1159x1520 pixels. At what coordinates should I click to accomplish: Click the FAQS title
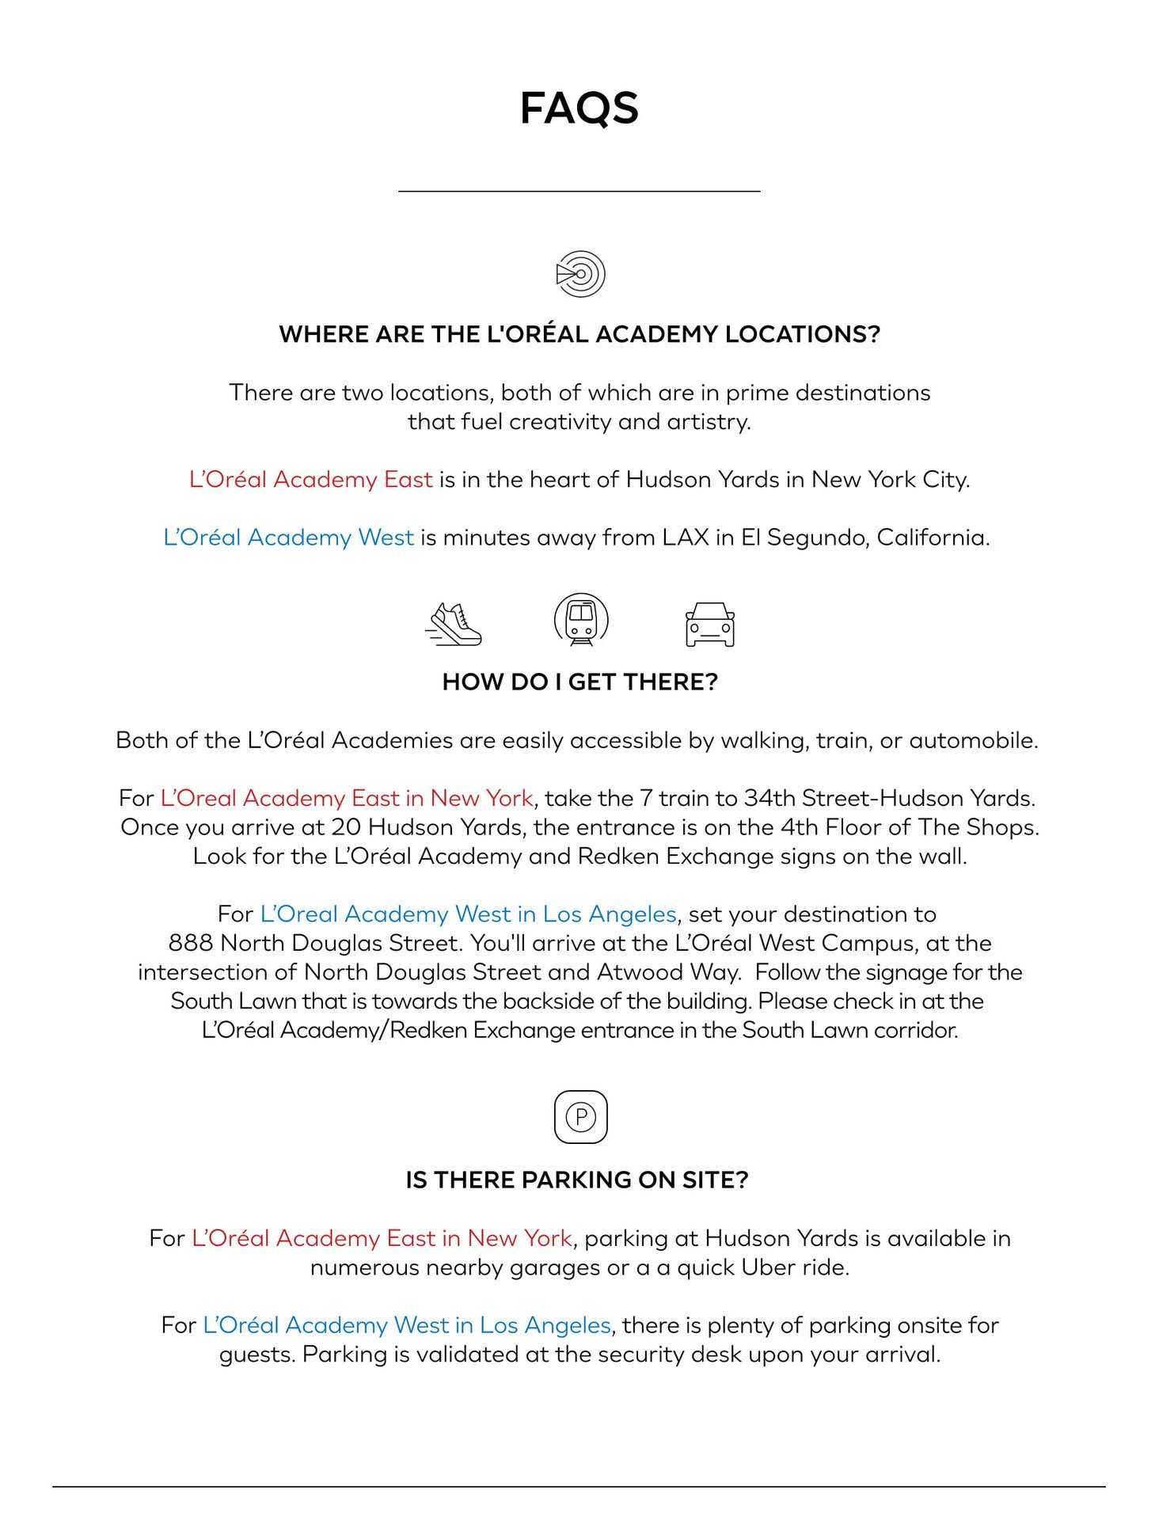click(579, 108)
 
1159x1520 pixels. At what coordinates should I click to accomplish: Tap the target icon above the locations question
click(580, 274)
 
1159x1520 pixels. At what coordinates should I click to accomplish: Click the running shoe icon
click(454, 625)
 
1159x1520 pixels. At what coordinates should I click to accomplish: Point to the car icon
click(709, 625)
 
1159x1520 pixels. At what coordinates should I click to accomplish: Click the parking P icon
click(580, 1117)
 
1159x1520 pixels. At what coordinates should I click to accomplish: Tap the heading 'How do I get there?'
click(579, 682)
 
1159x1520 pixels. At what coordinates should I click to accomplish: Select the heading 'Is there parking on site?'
click(576, 1180)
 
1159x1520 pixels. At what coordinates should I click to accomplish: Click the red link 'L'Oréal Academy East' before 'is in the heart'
click(310, 480)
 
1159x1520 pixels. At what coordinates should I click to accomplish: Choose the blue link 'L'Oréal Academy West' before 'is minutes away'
click(288, 538)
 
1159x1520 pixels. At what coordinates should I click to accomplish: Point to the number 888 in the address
click(190, 943)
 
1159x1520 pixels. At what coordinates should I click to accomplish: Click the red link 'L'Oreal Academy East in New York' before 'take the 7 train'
click(347, 798)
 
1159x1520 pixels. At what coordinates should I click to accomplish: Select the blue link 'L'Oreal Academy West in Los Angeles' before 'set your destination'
click(468, 914)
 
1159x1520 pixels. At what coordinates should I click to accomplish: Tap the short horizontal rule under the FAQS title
click(579, 191)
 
